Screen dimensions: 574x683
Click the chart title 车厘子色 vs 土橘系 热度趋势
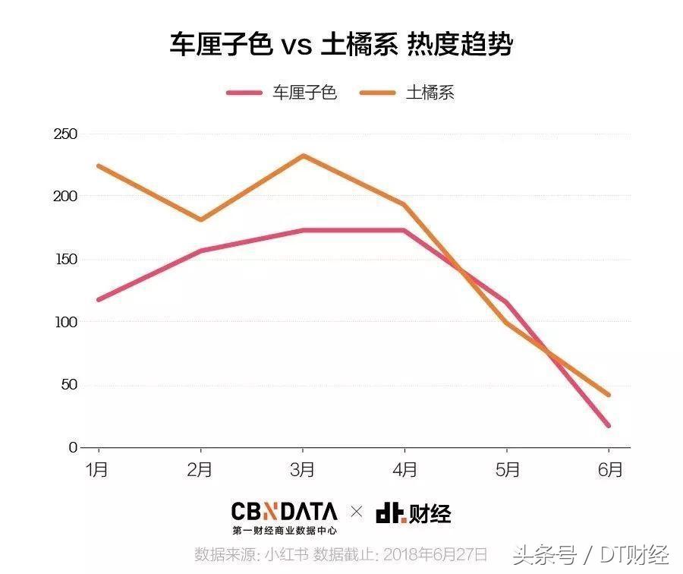tap(341, 45)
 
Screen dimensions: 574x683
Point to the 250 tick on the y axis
tap(67, 134)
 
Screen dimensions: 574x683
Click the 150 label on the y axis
tap(67, 260)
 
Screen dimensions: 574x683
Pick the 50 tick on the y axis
tap(70, 385)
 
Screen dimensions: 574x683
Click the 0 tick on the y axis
tap(74, 448)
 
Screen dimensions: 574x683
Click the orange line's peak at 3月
tap(303, 156)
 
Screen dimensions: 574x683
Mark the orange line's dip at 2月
tap(200, 219)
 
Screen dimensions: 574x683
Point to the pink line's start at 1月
tap(99, 299)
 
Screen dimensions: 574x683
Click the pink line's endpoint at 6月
tap(609, 425)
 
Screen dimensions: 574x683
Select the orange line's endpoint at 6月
tap(609, 395)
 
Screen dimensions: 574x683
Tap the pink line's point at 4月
tap(404, 230)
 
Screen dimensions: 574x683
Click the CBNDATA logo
tap(285, 517)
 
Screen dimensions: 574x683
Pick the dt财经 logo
tap(414, 514)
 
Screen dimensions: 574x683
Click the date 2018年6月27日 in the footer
tap(437, 553)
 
